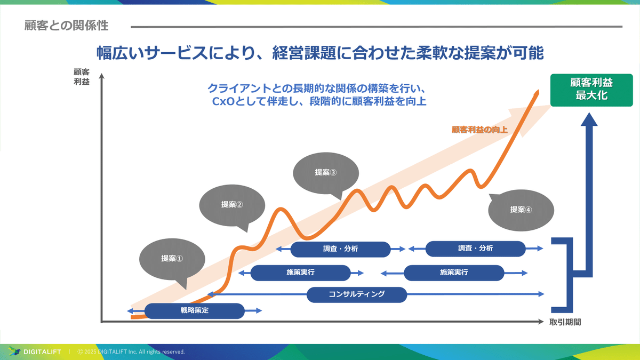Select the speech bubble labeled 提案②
231,204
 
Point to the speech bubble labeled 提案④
521,210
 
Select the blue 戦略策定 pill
194,310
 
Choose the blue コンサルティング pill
356,294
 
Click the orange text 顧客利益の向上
479,130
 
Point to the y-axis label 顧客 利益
82,76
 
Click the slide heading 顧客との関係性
66,26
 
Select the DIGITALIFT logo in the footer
35,351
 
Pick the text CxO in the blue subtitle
222,101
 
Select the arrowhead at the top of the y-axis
101,76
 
